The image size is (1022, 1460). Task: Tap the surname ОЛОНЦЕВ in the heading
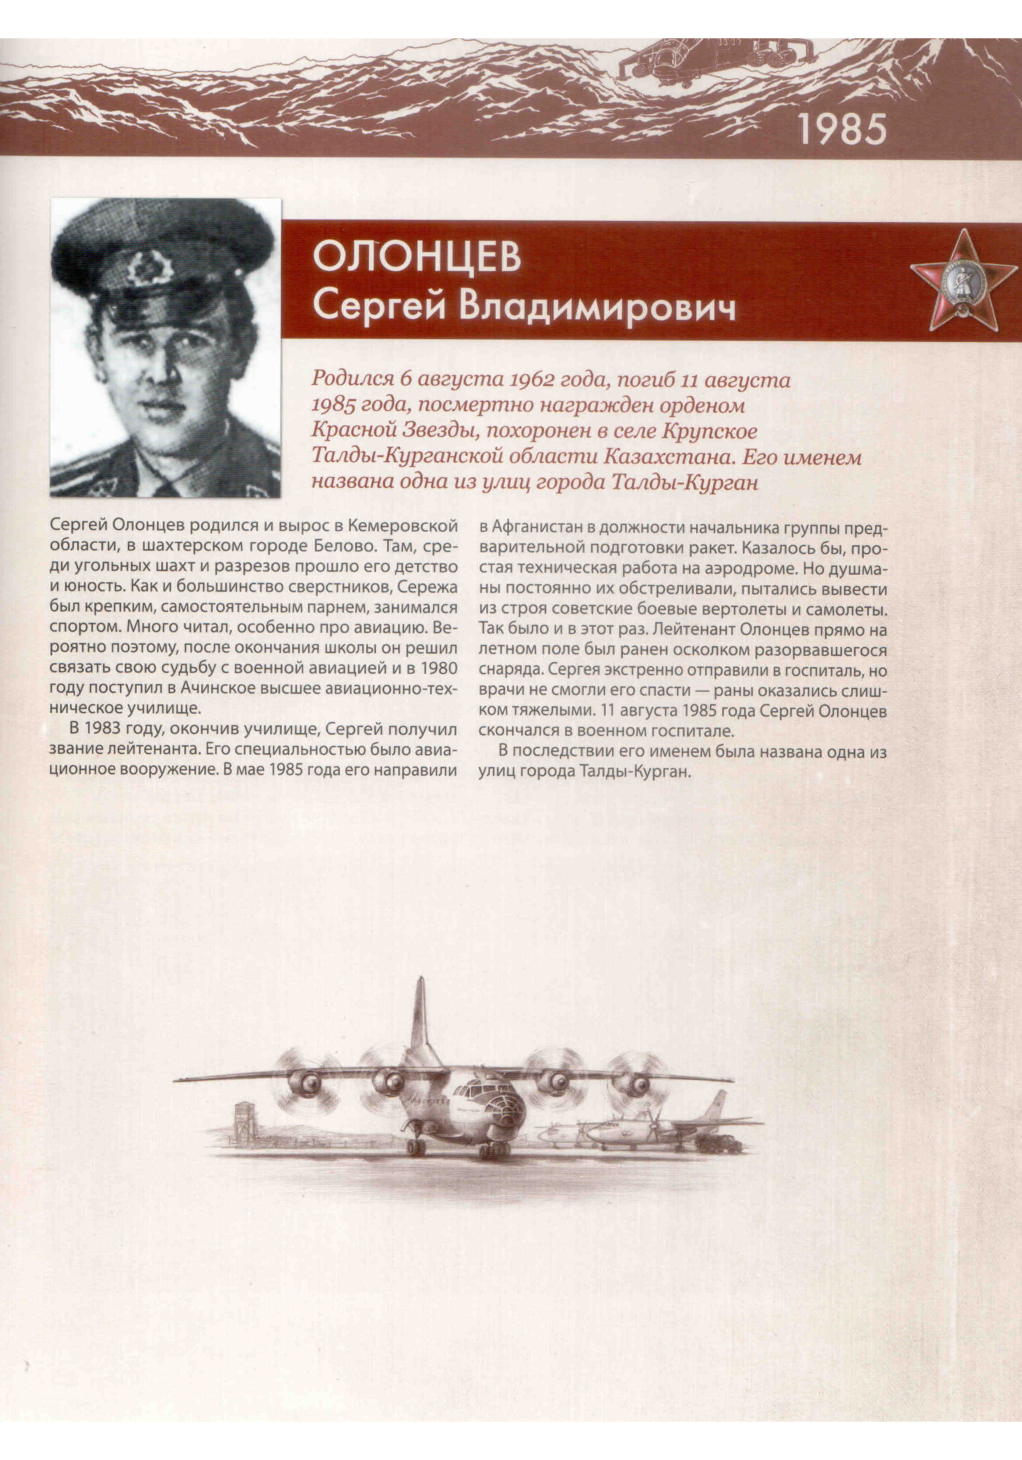[416, 256]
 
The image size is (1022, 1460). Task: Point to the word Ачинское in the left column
[210, 688]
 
